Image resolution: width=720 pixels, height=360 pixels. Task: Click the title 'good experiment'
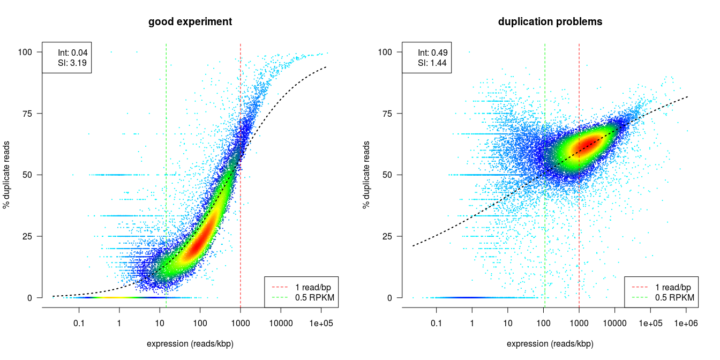tap(190, 22)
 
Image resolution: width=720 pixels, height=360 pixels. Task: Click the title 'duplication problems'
tap(550, 22)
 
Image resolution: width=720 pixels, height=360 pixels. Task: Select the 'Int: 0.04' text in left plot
tap(72, 52)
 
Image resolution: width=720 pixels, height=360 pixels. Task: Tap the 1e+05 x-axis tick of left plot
tap(321, 324)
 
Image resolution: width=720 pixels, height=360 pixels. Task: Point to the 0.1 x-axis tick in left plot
tap(79, 324)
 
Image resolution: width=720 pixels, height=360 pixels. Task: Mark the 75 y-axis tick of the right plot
tap(385, 114)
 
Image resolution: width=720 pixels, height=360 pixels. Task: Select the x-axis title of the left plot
tap(190, 344)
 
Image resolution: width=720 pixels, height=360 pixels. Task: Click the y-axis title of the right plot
tap(367, 175)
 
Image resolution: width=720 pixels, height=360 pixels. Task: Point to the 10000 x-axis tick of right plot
tap(614, 324)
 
